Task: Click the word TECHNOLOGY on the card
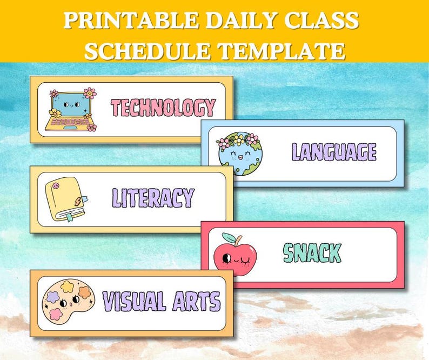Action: tap(163, 108)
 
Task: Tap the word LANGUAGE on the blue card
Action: tap(334, 152)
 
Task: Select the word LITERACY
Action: tap(152, 198)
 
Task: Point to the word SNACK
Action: tap(312, 252)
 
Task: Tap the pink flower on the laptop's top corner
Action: tap(90, 92)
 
